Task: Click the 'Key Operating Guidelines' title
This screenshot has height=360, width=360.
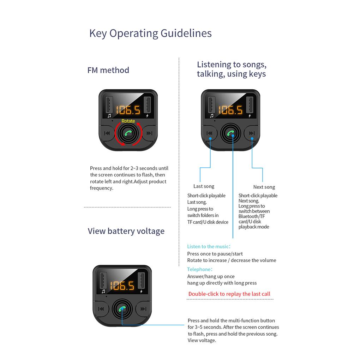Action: tap(150, 34)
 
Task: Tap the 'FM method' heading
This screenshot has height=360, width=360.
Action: tap(108, 70)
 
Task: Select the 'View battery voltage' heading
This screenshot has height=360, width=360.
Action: tap(126, 231)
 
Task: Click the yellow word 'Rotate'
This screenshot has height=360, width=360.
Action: tap(128, 121)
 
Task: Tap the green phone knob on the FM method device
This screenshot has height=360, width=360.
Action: tap(128, 133)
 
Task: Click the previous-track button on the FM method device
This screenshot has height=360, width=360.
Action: tap(107, 133)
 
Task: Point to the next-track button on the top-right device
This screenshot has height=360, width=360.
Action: tap(252, 133)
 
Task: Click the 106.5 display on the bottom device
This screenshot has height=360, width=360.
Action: tap(122, 286)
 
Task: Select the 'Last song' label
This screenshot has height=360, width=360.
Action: tap(204, 186)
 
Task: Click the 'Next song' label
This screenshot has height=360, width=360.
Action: tap(264, 187)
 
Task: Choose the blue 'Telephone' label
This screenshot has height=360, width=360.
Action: tap(200, 269)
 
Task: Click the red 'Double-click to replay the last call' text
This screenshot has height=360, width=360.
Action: tap(229, 294)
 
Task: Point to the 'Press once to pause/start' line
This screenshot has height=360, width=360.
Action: tap(215, 254)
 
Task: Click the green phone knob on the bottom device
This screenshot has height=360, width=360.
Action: tap(122, 309)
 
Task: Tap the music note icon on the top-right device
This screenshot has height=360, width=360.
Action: tap(212, 116)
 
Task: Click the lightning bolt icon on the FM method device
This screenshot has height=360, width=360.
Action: tap(148, 116)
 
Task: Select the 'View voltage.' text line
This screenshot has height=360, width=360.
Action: tap(202, 340)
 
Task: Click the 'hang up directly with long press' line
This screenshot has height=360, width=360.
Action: tap(222, 283)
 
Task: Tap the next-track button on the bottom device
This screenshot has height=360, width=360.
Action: tap(144, 309)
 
